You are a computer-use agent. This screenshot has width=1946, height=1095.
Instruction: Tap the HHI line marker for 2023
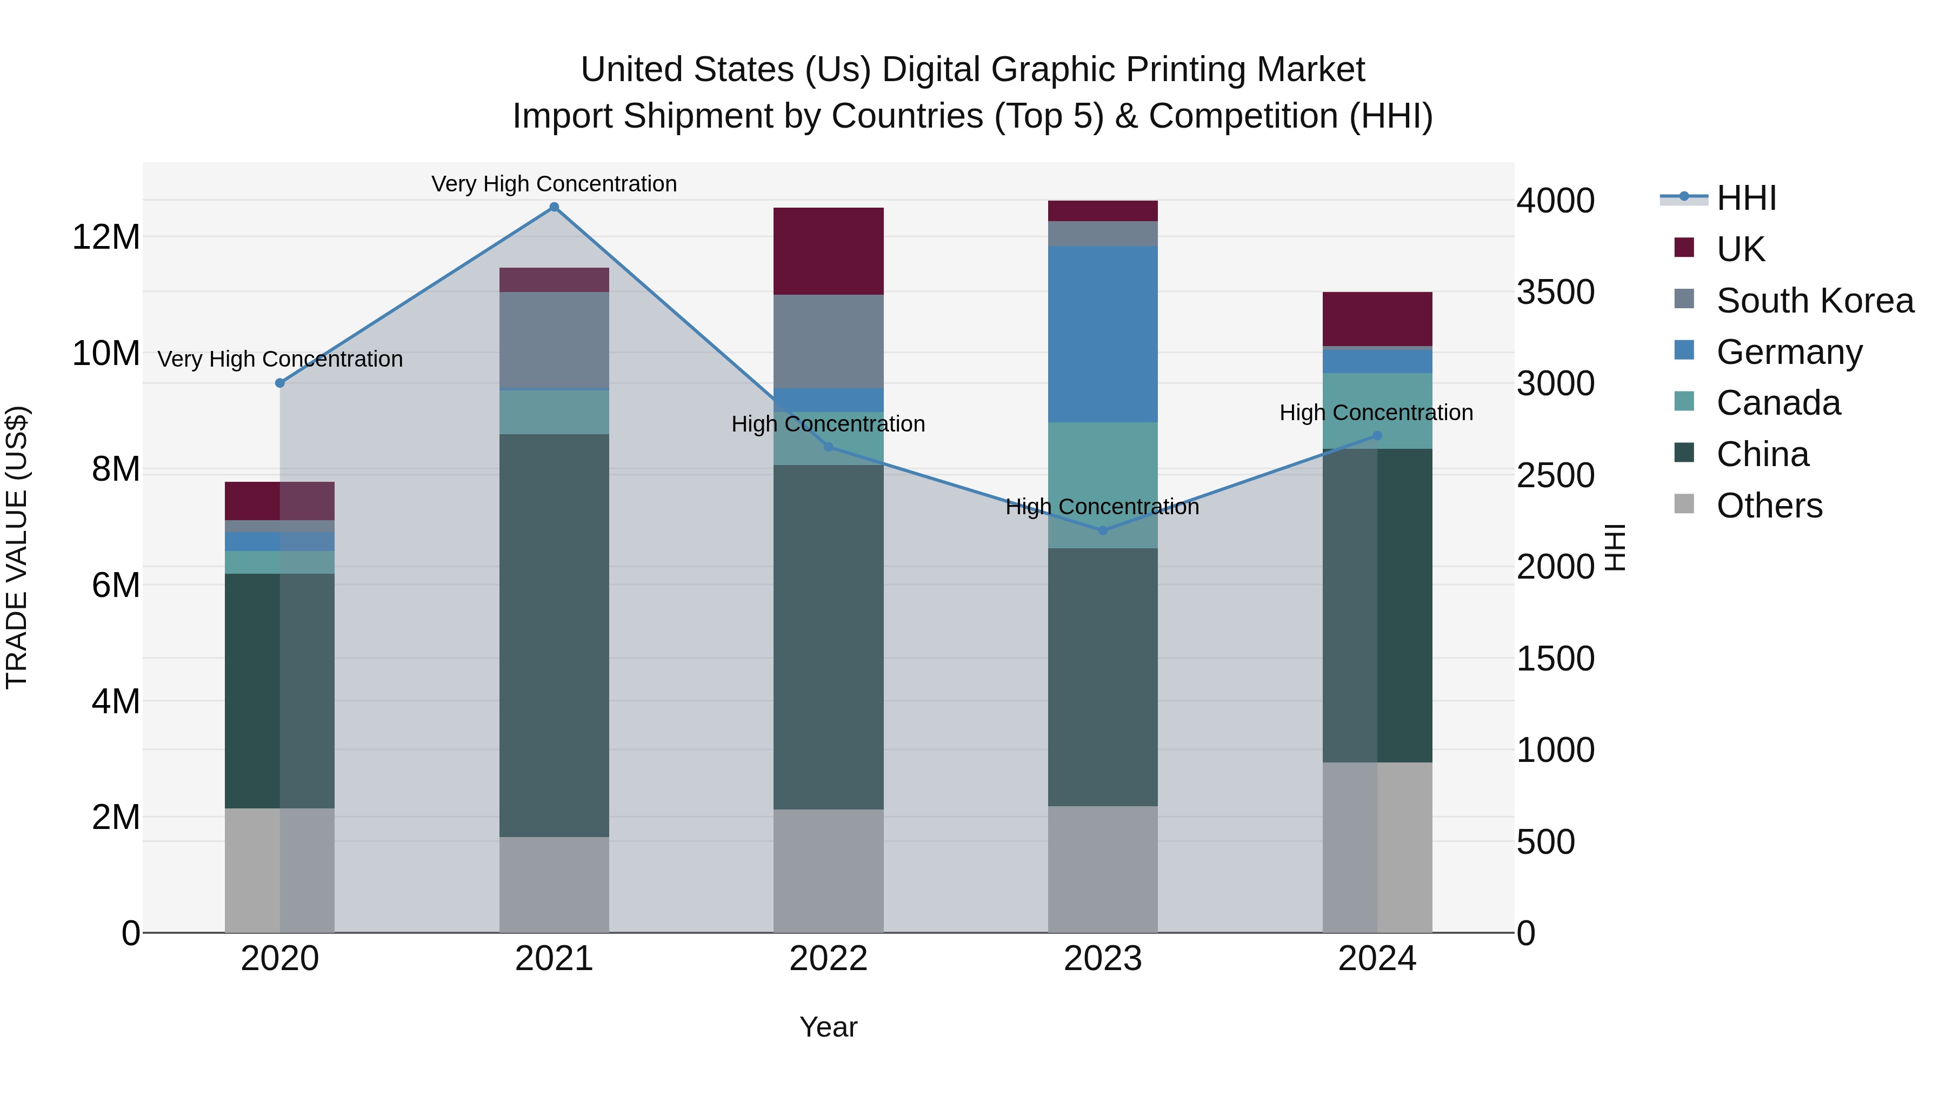point(1102,530)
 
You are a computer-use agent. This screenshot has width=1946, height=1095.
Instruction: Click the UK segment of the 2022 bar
point(828,251)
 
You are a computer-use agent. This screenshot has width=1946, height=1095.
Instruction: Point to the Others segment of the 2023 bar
point(1102,869)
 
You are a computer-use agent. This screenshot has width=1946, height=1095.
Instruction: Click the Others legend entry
point(1769,506)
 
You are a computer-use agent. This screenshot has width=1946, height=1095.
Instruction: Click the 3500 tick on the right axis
point(1555,293)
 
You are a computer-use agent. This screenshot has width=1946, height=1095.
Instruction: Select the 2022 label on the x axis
point(828,959)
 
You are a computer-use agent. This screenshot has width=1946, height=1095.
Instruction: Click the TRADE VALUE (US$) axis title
point(17,547)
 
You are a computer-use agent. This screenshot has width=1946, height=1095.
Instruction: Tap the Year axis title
point(828,1027)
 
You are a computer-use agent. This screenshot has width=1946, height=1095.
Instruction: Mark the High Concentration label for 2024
point(1376,413)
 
